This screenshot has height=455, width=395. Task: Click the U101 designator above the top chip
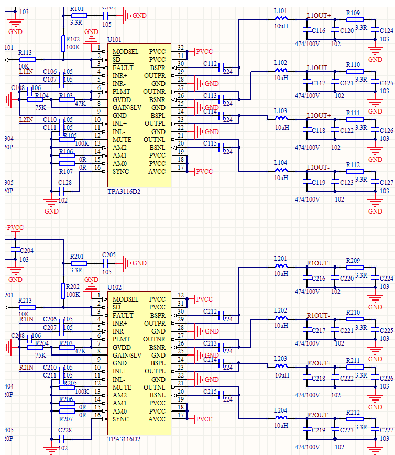[x=114, y=39]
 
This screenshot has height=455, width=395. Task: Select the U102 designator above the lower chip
[x=114, y=287]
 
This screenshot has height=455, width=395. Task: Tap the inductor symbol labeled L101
[x=281, y=19]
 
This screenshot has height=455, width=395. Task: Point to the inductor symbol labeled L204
[x=281, y=417]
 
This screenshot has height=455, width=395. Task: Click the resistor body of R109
[x=354, y=20]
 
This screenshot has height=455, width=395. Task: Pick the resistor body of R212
[x=354, y=419]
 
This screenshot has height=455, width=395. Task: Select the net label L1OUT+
[x=319, y=15]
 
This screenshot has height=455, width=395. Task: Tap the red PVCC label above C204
[x=15, y=228]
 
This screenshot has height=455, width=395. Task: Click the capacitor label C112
[x=210, y=64]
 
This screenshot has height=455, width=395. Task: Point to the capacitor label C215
[x=210, y=391]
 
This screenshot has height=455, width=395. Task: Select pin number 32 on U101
[x=181, y=48]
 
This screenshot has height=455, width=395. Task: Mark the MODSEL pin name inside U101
[x=125, y=52]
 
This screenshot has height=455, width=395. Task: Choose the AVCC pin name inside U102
[x=157, y=419]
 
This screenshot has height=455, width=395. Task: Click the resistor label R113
[x=25, y=52]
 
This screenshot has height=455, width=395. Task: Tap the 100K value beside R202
[x=73, y=295]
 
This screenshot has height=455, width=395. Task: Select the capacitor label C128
[x=65, y=183]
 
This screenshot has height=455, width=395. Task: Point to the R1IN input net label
[x=26, y=319]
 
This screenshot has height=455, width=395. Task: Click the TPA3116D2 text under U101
[x=124, y=192]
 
